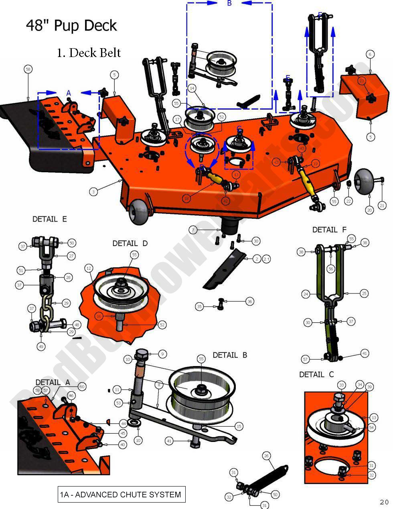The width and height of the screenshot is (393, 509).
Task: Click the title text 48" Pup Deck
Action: pyautogui.click(x=71, y=26)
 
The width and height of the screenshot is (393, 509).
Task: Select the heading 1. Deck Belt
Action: pyautogui.click(x=89, y=53)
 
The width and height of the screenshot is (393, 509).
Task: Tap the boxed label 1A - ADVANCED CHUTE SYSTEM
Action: pyautogui.click(x=121, y=495)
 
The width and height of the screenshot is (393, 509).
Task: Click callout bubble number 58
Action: pyautogui.click(x=28, y=70)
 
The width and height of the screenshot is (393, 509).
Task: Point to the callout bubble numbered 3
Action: pyautogui.click(x=93, y=192)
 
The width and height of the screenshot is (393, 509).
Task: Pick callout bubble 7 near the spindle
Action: pyautogui.click(x=194, y=230)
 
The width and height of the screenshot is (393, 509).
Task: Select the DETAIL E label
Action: pyautogui.click(x=50, y=219)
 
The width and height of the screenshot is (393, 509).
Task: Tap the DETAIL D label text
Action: pyautogui.click(x=130, y=244)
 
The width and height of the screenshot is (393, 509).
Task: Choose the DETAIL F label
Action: pyautogui.click(x=329, y=230)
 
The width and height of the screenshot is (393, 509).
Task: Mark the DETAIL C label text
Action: pyautogui.click(x=316, y=375)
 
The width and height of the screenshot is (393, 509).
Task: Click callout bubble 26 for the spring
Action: pyautogui.click(x=266, y=456)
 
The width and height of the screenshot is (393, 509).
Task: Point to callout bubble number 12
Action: pyautogui.click(x=89, y=268)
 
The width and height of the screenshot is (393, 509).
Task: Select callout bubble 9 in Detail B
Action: pyautogui.click(x=162, y=354)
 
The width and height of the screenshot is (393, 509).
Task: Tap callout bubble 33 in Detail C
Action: pyautogui.click(x=342, y=385)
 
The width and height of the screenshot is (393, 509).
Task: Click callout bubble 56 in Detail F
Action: pyautogui.click(x=330, y=269)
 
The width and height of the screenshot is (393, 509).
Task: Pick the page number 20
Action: pyautogui.click(x=384, y=502)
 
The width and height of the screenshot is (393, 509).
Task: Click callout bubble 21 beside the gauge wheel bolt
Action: pyautogui.click(x=382, y=206)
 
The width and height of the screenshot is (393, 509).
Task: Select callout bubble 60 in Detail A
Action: pyautogui.click(x=82, y=387)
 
